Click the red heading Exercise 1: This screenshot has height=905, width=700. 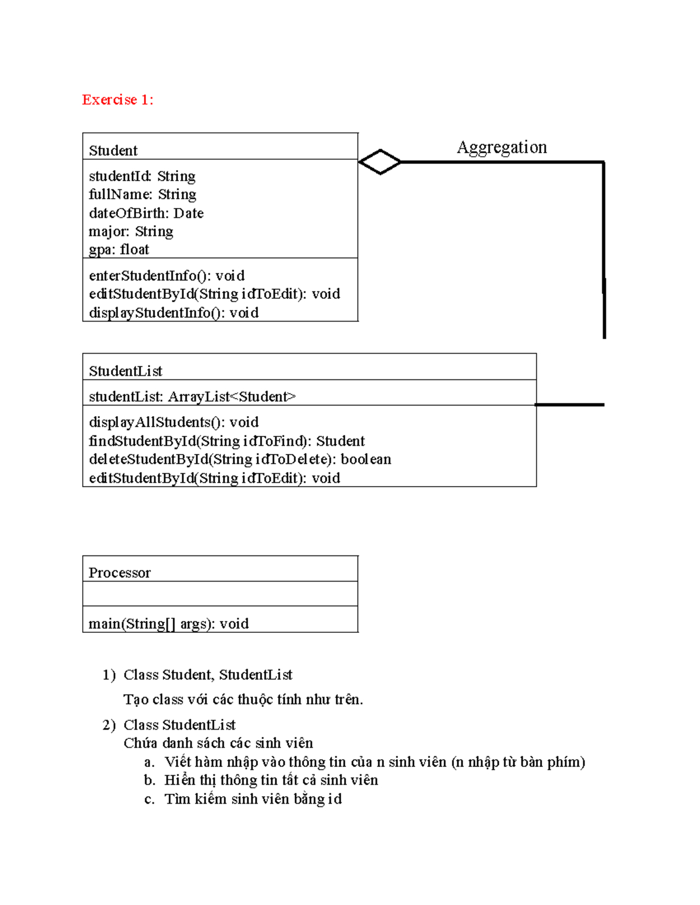coord(117,100)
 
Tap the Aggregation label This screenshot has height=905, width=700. coord(502,147)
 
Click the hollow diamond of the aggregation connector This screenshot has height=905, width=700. coord(380,162)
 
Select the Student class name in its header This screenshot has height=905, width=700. coord(113,150)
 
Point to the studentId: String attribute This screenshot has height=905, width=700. coord(142,176)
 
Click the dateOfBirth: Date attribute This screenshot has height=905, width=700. coord(146,213)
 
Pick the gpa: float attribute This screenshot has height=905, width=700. coord(119,249)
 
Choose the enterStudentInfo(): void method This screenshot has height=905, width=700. coord(166,276)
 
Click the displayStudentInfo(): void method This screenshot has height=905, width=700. coord(173,313)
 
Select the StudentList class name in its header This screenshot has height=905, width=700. coord(125,371)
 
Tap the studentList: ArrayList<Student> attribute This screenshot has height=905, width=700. coord(192,397)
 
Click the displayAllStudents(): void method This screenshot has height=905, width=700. coord(173,422)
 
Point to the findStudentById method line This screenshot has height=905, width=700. coord(226,441)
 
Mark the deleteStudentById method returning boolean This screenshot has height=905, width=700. coord(240,459)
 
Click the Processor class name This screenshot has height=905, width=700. coord(120,573)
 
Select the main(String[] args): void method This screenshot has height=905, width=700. coord(169,624)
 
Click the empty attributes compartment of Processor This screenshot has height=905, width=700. coord(220,594)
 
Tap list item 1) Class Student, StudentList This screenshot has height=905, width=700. coord(207,675)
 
